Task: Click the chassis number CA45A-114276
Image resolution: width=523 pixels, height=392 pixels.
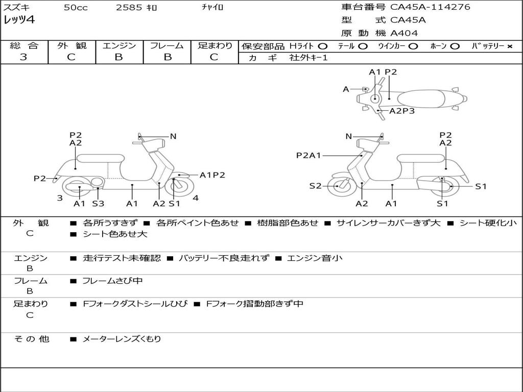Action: click(x=430, y=7)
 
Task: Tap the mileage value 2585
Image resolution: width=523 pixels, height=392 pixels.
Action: click(x=129, y=7)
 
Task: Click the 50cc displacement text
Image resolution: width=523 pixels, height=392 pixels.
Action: click(x=76, y=7)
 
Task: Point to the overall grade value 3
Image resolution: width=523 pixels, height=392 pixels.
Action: click(x=23, y=57)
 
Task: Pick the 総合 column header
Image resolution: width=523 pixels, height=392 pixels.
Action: click(x=24, y=45)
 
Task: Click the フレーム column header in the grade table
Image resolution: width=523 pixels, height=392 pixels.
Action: click(x=167, y=45)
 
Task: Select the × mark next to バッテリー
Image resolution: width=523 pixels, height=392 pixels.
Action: click(x=509, y=46)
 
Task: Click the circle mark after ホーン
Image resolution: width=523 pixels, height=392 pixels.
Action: click(x=455, y=46)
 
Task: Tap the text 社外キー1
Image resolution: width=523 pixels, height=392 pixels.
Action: click(x=308, y=58)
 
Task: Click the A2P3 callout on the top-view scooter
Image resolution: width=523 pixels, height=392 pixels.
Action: click(x=402, y=111)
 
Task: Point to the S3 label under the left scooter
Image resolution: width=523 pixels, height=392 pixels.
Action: click(x=98, y=203)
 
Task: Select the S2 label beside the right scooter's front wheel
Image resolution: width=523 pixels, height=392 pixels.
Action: click(x=315, y=186)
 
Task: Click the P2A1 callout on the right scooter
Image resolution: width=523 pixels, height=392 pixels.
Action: click(x=308, y=155)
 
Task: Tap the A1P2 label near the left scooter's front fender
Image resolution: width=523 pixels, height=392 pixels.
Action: click(x=212, y=175)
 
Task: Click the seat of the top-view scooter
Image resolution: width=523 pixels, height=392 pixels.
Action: click(x=421, y=99)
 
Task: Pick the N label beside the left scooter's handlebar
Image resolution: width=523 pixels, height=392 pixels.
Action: click(x=173, y=136)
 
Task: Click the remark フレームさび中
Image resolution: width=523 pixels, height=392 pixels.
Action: click(x=112, y=281)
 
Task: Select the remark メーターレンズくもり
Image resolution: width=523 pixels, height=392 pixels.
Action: click(x=122, y=339)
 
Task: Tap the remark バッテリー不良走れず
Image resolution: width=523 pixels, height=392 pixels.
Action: click(x=224, y=258)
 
